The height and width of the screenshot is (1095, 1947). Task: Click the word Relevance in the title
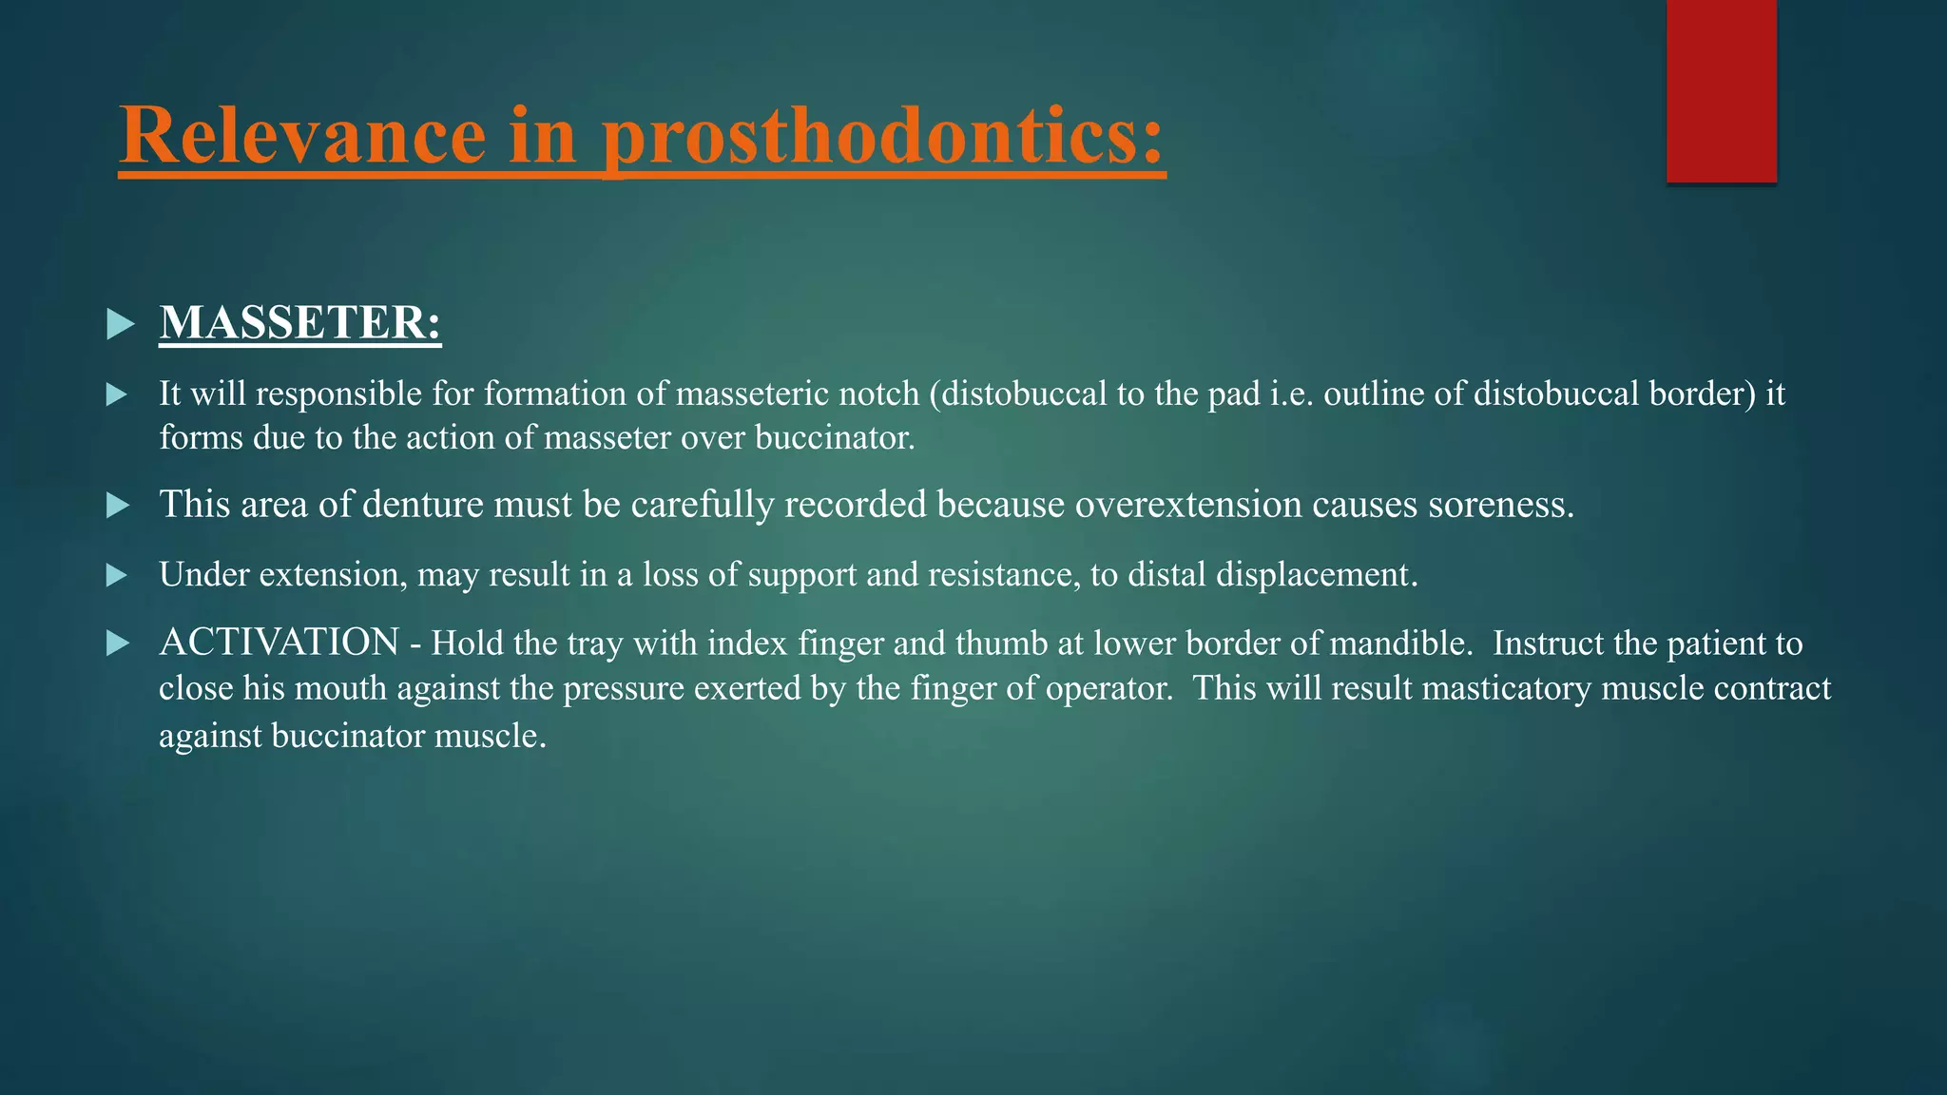point(302,135)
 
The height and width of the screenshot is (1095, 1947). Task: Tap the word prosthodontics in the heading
point(884,135)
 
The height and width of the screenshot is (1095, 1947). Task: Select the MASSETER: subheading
point(300,322)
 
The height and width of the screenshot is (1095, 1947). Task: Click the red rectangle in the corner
point(1721,90)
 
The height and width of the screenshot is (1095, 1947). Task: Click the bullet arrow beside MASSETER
point(120,324)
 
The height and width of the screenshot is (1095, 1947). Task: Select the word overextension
point(1188,504)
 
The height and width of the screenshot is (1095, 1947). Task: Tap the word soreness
point(1501,504)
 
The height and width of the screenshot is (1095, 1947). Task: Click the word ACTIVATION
point(279,643)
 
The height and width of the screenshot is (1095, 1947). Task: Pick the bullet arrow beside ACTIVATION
point(118,644)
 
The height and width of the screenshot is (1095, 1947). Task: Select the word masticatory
point(1507,688)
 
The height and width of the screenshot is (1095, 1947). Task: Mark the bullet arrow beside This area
point(118,505)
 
